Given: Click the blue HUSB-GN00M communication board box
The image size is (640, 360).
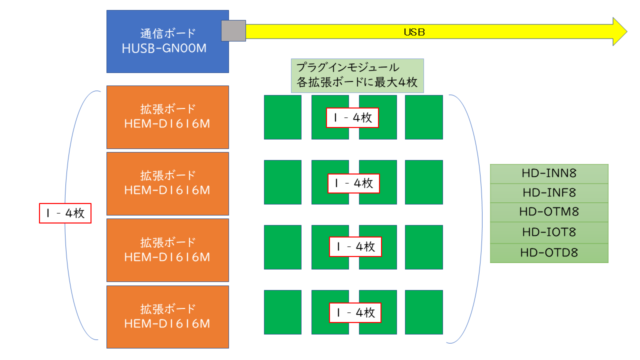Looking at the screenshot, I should point(167,41).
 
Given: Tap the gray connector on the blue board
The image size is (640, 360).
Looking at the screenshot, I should point(233,30).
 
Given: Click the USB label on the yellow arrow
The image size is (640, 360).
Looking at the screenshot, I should point(414,32).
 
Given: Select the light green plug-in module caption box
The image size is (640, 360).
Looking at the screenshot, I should point(357,75).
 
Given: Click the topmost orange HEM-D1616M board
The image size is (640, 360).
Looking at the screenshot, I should point(167,117).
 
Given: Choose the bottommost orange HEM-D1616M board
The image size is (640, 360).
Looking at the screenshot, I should point(167,316).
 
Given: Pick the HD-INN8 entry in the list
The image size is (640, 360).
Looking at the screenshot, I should point(549,173).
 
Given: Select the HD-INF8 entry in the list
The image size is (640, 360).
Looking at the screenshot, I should point(549,192).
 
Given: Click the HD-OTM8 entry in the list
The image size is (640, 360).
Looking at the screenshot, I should point(549,212).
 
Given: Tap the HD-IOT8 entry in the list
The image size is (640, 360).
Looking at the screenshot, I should point(549,232).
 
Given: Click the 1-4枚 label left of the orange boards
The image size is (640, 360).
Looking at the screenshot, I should point(65,213).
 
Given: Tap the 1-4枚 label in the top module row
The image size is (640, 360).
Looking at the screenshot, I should point(352,118).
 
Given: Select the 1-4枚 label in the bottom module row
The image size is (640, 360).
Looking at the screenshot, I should point(355,313).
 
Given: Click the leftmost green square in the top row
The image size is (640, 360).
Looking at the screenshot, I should point(282,117).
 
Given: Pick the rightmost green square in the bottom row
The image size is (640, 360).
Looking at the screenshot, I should point(424,312).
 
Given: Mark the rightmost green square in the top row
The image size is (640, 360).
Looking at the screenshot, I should point(424,117).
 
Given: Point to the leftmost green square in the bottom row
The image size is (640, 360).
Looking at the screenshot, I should point(282,312).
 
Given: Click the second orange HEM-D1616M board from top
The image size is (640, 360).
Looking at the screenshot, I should point(167,183).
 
